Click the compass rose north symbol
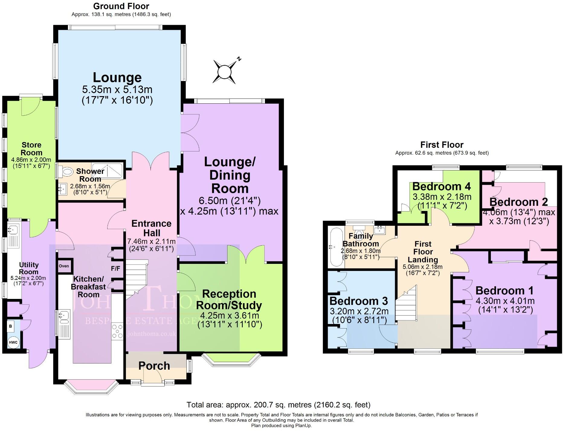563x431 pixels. [224, 72]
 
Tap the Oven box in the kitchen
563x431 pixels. [64, 266]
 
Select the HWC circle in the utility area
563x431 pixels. [13, 342]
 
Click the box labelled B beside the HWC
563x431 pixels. [11, 326]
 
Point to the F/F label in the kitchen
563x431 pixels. [115, 268]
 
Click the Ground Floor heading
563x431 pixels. [121, 6]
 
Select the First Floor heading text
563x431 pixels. [442, 145]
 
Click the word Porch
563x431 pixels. [154, 366]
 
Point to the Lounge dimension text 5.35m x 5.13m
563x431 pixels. [117, 89]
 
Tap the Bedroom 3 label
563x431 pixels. [359, 301]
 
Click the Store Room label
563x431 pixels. [31, 149]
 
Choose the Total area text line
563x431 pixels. [278, 405]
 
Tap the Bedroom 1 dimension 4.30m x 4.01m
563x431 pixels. [505, 301]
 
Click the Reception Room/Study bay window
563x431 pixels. [231, 360]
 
